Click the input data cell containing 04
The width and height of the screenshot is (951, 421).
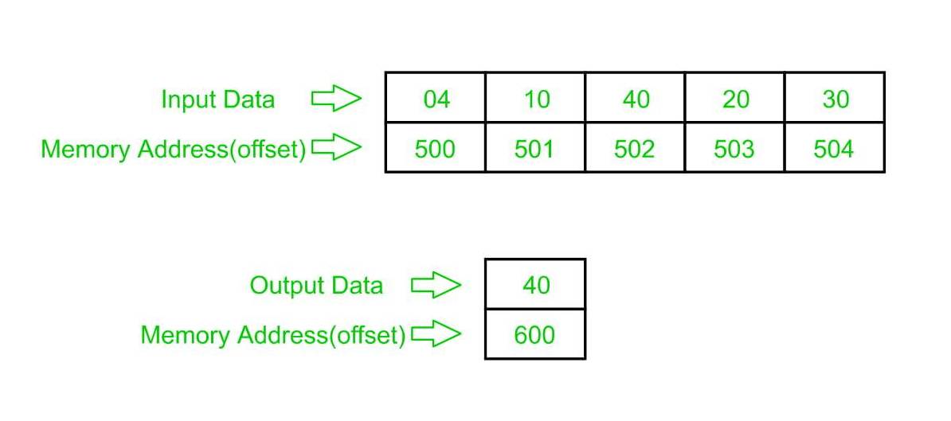click(x=436, y=99)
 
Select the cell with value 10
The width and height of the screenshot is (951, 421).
click(x=535, y=99)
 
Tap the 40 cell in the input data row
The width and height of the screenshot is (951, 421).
click(x=635, y=99)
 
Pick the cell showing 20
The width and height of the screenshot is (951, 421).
click(x=734, y=99)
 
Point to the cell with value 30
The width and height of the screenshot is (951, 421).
click(x=834, y=99)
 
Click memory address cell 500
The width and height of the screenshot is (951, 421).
click(x=436, y=149)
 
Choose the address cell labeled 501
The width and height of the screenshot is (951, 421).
click(x=535, y=149)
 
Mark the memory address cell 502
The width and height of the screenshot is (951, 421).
click(x=635, y=149)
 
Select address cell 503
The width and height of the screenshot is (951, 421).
click(x=734, y=149)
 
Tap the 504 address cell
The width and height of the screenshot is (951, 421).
click(x=834, y=149)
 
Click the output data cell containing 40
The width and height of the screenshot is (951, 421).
click(x=535, y=285)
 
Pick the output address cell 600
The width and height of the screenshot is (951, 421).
click(x=535, y=334)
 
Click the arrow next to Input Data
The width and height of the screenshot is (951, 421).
click(x=336, y=99)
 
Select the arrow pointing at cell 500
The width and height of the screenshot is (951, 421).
click(x=336, y=148)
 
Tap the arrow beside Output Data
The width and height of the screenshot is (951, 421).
click(x=436, y=285)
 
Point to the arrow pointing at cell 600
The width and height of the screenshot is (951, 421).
click(x=436, y=335)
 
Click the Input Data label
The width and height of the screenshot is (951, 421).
click(x=217, y=99)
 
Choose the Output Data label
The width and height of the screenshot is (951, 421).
click(x=316, y=285)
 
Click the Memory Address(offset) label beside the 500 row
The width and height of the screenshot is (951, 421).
click(x=174, y=149)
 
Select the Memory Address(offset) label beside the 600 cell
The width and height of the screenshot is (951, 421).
click(x=273, y=335)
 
